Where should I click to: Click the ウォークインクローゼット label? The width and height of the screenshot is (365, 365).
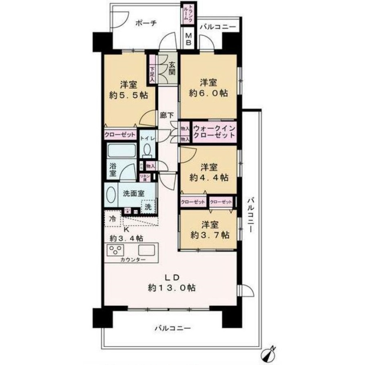[x=214, y=132]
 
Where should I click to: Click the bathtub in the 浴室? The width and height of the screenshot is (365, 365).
[x=122, y=150]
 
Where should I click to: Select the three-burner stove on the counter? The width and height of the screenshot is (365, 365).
[x=115, y=251]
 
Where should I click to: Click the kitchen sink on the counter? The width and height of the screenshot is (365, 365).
[x=147, y=251]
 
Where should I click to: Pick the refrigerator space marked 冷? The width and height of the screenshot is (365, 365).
[x=113, y=220]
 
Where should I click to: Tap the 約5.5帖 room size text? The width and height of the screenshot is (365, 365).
[x=129, y=96]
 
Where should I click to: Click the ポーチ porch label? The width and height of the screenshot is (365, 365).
[x=146, y=23]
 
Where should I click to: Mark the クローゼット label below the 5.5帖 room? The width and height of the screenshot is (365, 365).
[x=120, y=135]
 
